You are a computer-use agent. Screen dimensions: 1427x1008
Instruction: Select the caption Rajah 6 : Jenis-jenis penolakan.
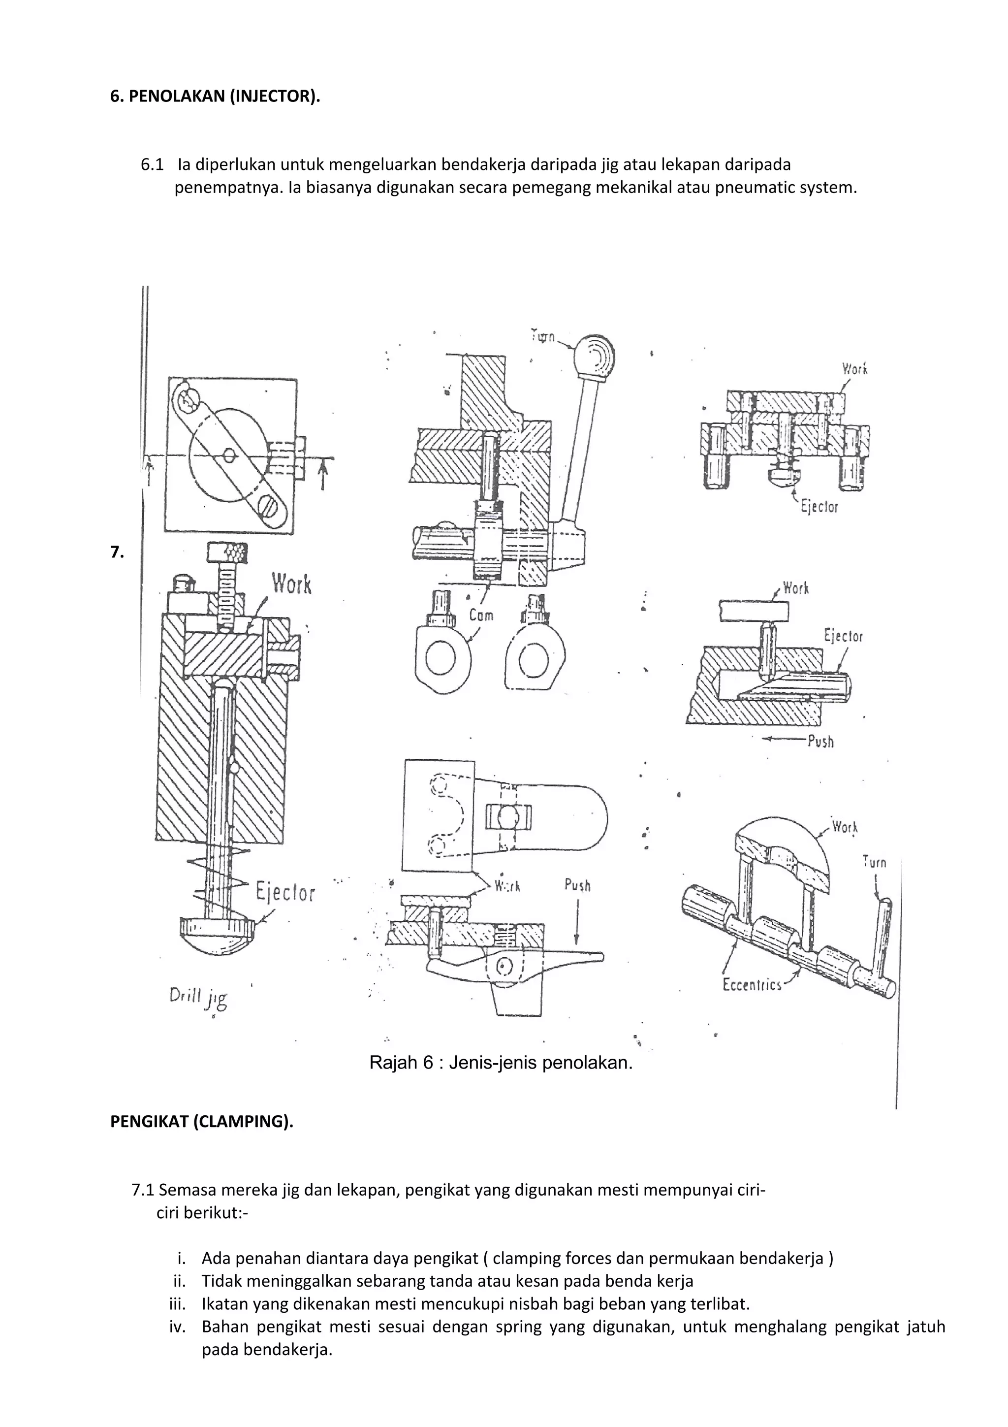click(501, 1062)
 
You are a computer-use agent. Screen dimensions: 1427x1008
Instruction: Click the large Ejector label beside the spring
click(285, 893)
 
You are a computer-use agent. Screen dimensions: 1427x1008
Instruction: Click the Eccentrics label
click(752, 985)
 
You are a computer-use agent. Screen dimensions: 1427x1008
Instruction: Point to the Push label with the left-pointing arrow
click(820, 742)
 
